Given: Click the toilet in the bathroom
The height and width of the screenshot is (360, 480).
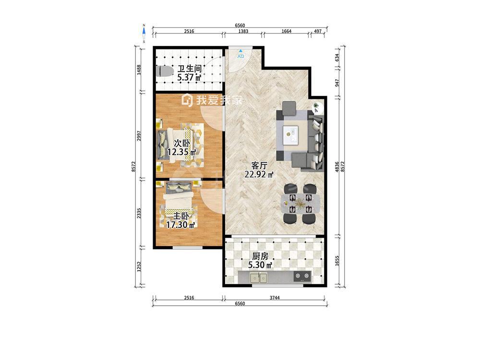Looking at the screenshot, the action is [x=164, y=72].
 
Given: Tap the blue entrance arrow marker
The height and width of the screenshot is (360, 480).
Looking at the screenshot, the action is [x=241, y=51].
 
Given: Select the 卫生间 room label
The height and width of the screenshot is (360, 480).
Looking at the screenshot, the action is [x=190, y=68].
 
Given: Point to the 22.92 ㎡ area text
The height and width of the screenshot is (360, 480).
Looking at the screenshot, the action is [x=259, y=175].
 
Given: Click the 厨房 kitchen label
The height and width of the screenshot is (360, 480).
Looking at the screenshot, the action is [x=260, y=256].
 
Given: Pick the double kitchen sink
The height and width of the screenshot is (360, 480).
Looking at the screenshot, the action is [x=259, y=277].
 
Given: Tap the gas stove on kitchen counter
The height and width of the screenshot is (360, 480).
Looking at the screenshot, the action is [x=302, y=276].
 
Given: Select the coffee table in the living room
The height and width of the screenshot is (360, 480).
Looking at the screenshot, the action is [x=291, y=135].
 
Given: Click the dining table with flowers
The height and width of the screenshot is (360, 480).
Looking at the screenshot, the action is [x=300, y=204].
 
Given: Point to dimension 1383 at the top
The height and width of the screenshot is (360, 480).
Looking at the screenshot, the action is [x=243, y=31].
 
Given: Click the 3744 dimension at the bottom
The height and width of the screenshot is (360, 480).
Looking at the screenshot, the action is [x=275, y=298].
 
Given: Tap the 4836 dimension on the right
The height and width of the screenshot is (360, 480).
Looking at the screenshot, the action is [x=337, y=167].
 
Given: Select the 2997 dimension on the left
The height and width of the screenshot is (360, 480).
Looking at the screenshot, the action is [x=139, y=136].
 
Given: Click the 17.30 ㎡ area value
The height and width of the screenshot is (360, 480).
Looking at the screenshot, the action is [x=180, y=226].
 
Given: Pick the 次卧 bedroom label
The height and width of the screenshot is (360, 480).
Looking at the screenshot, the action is [x=182, y=143].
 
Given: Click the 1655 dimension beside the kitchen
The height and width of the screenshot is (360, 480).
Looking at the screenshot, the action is [x=337, y=261].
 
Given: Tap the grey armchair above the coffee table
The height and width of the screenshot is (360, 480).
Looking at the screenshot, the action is [x=289, y=108].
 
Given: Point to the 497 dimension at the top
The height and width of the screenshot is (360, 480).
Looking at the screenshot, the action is [x=318, y=31].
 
